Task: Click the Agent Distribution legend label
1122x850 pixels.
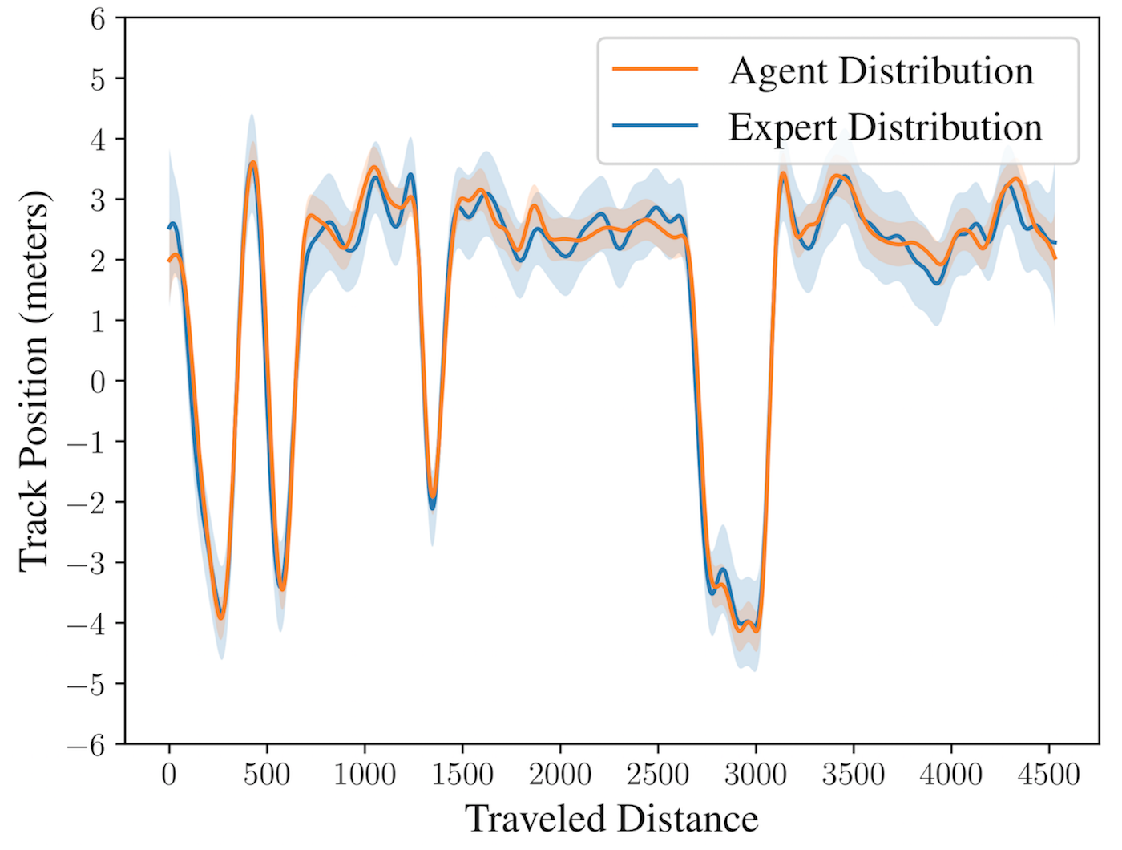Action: [881, 71]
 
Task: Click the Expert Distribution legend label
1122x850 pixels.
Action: [885, 127]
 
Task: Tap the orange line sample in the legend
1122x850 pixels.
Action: [655, 68]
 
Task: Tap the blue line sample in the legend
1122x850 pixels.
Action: [655, 125]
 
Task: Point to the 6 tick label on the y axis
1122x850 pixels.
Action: [98, 21]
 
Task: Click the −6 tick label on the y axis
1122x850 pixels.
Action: [86, 747]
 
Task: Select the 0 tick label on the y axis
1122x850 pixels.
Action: [98, 382]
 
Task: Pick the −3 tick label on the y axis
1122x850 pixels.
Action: [86, 564]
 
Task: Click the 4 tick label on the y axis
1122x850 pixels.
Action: [98, 140]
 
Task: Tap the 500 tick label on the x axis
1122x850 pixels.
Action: [266, 775]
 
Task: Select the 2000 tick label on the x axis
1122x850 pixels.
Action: [559, 775]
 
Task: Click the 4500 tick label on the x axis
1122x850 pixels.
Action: [1048, 775]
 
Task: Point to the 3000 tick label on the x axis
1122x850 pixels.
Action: [755, 775]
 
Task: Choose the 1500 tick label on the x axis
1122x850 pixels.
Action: [462, 775]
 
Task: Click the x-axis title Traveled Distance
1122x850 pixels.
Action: [611, 819]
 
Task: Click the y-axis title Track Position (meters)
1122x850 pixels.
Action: [34, 381]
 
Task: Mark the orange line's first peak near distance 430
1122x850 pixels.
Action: [252, 163]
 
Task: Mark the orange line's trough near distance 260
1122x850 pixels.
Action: [220, 617]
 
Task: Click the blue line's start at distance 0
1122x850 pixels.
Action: [169, 228]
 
